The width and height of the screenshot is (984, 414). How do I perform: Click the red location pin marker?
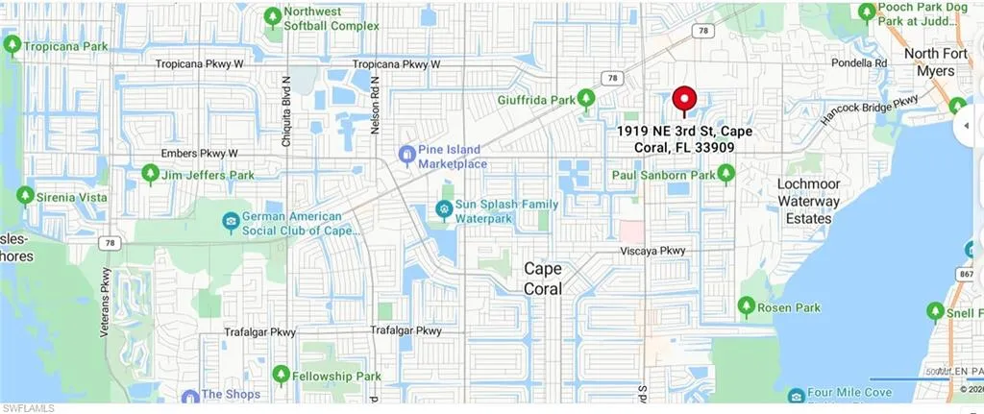[x=683, y=100]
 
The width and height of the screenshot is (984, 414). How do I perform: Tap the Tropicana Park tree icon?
[x=12, y=45]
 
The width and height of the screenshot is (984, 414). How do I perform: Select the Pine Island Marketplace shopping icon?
[x=406, y=154]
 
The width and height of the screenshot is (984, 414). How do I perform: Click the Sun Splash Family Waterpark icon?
[x=444, y=208]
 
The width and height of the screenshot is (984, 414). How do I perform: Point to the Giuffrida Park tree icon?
[x=589, y=99]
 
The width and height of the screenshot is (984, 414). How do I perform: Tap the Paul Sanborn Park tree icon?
[x=726, y=175]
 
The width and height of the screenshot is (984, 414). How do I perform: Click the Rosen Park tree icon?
[x=745, y=307]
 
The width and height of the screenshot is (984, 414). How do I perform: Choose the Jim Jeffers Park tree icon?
[x=150, y=175]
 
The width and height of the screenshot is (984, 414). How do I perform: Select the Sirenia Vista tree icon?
[x=25, y=195]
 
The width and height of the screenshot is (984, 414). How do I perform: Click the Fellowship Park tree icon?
[x=281, y=376]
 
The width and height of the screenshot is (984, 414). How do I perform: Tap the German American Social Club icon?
[x=231, y=223]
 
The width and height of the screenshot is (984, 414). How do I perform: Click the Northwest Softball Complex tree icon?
[x=273, y=17]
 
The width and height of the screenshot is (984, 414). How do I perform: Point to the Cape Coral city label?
[x=543, y=279]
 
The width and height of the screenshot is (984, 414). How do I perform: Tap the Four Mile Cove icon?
[x=797, y=397]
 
